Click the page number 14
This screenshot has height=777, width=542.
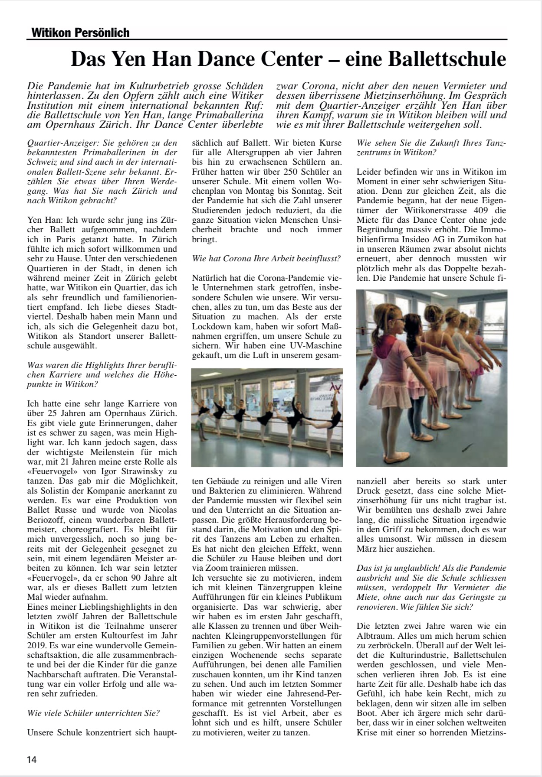(32, 759)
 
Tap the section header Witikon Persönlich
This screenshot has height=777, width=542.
(80, 33)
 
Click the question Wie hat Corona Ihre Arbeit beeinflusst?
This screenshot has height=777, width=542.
(266, 259)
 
